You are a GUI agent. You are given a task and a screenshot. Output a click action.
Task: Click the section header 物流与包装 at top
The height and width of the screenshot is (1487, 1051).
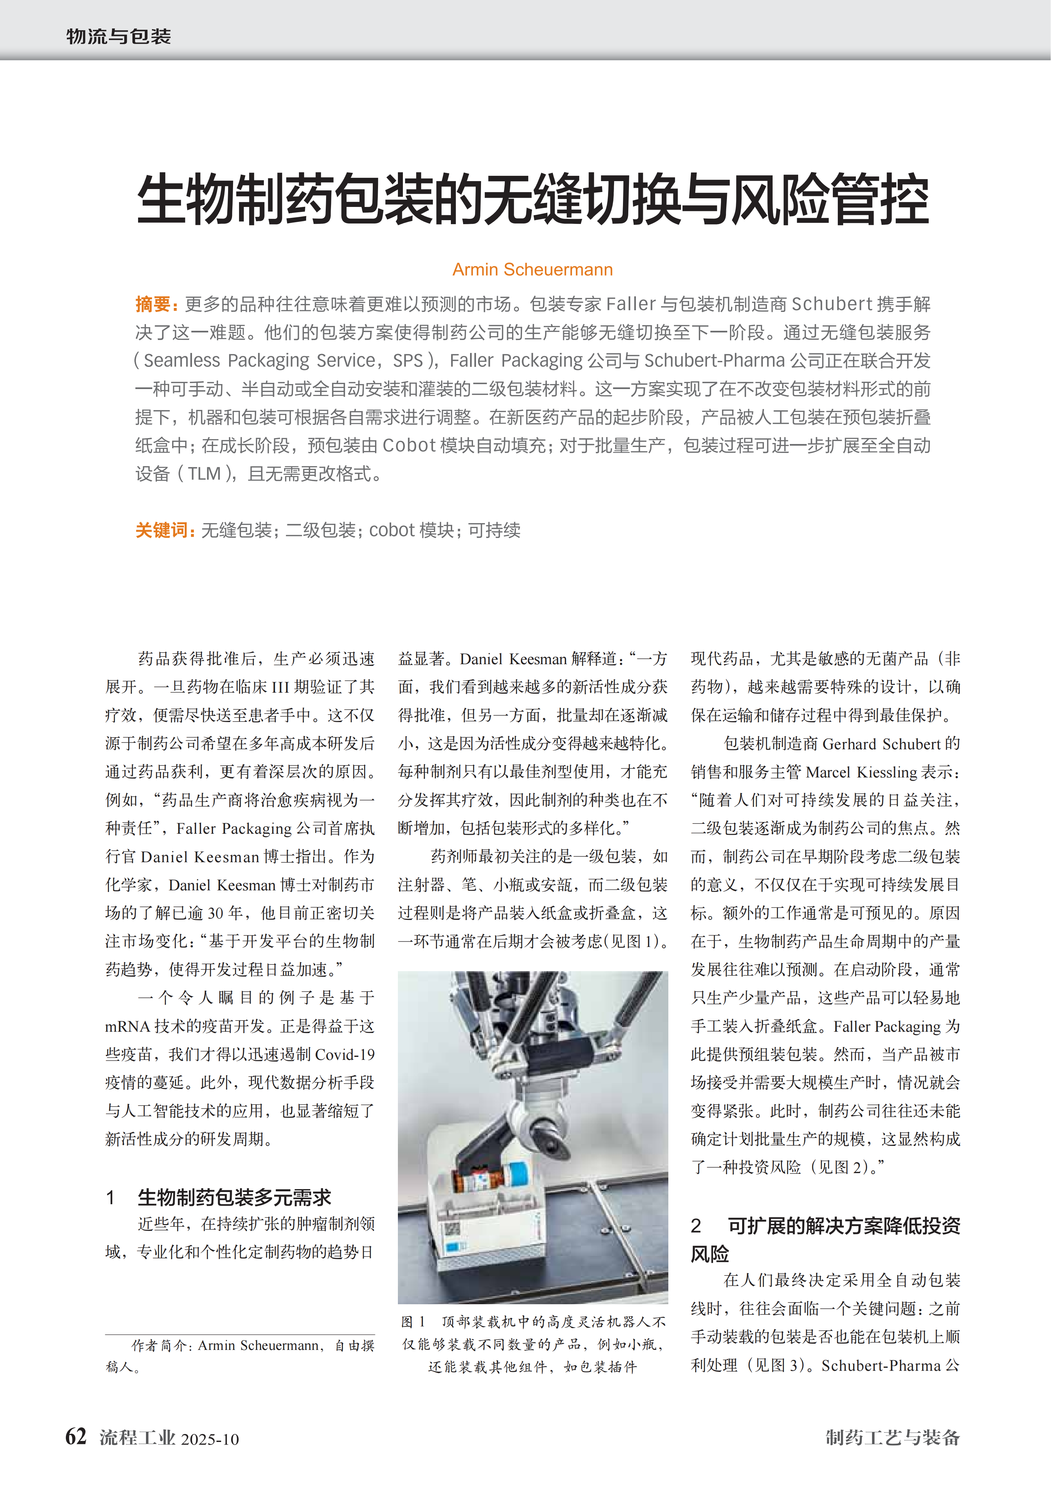119,36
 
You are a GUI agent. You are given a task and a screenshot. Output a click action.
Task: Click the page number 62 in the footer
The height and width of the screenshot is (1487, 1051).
76,1436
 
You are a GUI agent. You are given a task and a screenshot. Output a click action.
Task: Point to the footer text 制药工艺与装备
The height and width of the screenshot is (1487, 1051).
892,1438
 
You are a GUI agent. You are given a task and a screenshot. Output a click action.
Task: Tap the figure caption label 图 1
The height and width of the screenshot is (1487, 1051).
413,1321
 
